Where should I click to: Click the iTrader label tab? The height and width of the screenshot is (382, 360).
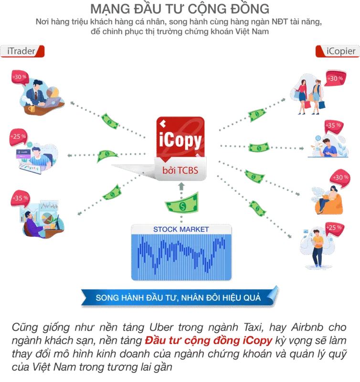click(x=22, y=51)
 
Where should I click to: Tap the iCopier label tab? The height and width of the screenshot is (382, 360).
click(x=338, y=51)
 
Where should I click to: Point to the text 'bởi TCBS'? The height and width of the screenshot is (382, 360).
click(x=180, y=170)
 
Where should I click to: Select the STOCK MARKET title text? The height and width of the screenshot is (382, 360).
click(x=181, y=229)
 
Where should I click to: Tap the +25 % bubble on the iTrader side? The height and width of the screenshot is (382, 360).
click(x=18, y=137)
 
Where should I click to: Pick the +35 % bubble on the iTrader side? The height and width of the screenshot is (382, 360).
click(x=20, y=199)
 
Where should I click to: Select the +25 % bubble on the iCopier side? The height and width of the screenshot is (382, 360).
click(x=335, y=229)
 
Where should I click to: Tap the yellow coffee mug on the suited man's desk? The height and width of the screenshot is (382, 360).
click(x=32, y=108)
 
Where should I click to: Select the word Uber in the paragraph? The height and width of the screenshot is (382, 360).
click(x=161, y=327)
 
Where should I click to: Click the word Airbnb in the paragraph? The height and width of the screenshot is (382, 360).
click(x=307, y=327)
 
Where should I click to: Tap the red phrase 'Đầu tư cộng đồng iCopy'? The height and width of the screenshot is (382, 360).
click(x=209, y=340)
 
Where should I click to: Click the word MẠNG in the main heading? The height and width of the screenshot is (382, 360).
click(x=110, y=9)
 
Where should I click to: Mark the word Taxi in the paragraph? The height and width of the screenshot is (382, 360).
click(x=254, y=327)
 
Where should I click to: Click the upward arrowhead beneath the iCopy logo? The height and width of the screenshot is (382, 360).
click(x=181, y=186)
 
